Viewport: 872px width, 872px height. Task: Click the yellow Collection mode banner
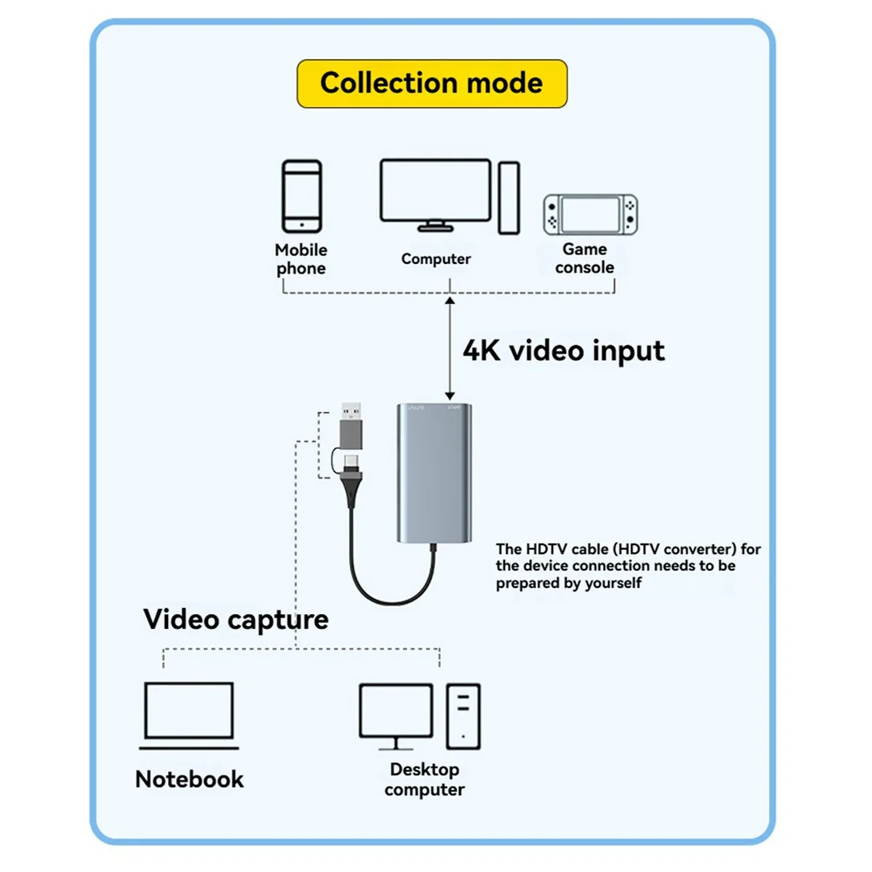432,84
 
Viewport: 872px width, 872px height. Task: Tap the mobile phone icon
302,197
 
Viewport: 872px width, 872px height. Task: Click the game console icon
590,214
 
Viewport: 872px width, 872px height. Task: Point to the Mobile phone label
301,259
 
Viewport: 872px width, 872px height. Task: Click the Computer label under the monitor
436,259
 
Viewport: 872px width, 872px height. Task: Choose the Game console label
584,258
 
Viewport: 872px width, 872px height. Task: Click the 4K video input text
563,350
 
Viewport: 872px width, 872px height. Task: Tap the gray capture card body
435,472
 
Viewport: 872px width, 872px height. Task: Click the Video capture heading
235,619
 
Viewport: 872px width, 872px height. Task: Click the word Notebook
189,779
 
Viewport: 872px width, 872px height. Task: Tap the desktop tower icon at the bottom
463,716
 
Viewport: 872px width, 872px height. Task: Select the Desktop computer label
424,779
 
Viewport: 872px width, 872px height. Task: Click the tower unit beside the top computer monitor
509,198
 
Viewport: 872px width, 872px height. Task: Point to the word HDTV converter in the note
693,549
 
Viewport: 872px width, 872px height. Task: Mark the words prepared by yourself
568,583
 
